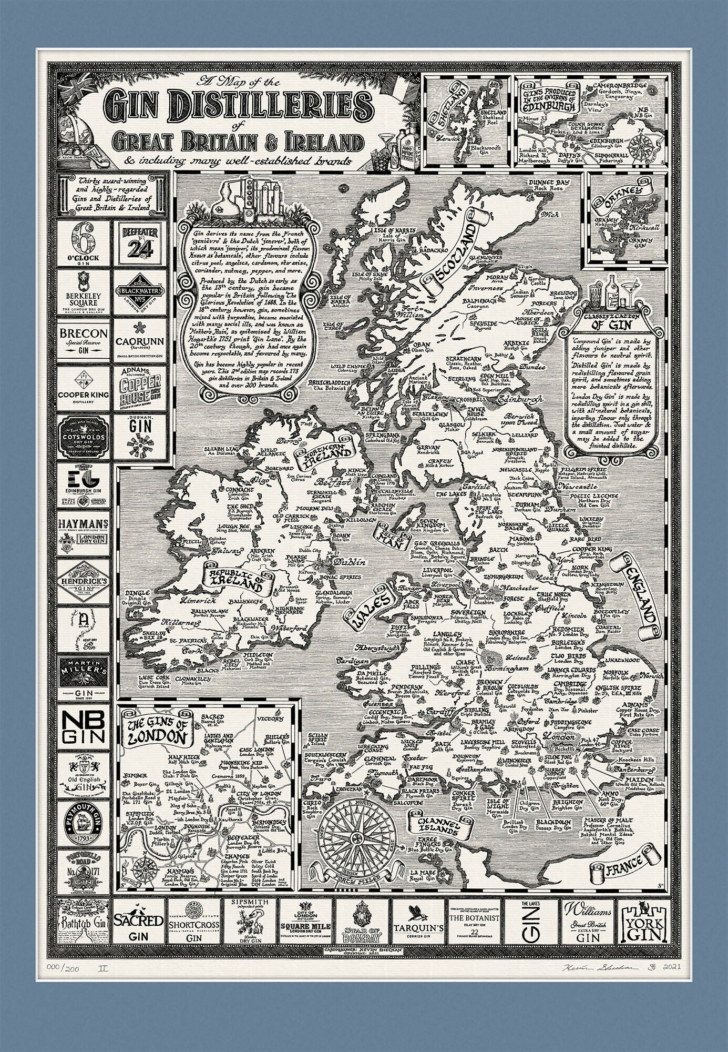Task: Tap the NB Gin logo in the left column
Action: [x=84, y=727]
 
